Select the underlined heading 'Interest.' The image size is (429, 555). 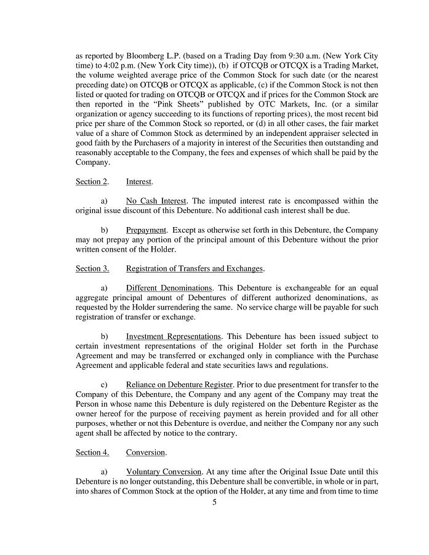click(140, 182)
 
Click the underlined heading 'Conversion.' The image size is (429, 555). click(146, 452)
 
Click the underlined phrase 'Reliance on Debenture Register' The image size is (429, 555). click(179, 384)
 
